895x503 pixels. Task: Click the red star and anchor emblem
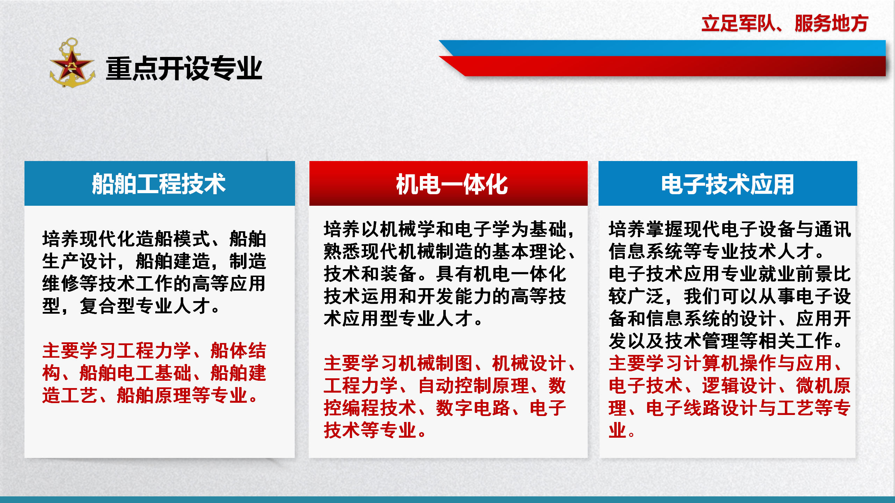click(x=72, y=63)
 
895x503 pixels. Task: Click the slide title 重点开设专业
click(x=184, y=68)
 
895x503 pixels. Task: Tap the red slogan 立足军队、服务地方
click(x=785, y=23)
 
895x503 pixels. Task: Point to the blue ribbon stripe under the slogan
click(x=663, y=48)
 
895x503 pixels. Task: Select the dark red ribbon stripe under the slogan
click(x=663, y=66)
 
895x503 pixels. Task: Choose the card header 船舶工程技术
click(x=159, y=184)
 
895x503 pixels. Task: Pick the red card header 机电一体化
click(x=452, y=184)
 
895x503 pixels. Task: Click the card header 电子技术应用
click(x=728, y=184)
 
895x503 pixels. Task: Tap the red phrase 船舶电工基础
click(x=136, y=373)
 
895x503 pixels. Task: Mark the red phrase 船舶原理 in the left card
click(x=154, y=395)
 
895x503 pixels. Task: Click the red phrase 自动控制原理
click(x=474, y=386)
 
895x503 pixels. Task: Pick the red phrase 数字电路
click(x=474, y=408)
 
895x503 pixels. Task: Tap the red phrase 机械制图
click(x=436, y=363)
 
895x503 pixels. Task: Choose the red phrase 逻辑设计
click(x=739, y=386)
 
